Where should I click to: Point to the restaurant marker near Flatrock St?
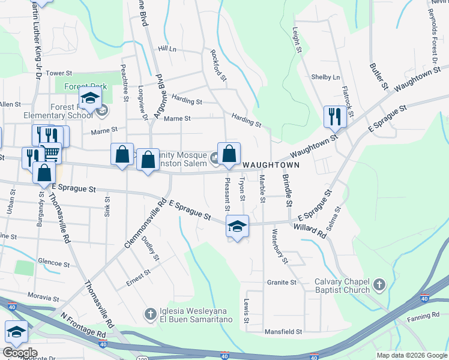334,116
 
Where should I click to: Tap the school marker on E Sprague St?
237,226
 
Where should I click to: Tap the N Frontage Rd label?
83,324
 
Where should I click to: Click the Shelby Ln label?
325,77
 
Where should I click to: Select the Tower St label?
59,73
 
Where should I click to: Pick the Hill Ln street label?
167,49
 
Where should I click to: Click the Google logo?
20,353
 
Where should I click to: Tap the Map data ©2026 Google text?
411,355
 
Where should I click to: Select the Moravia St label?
44,296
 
